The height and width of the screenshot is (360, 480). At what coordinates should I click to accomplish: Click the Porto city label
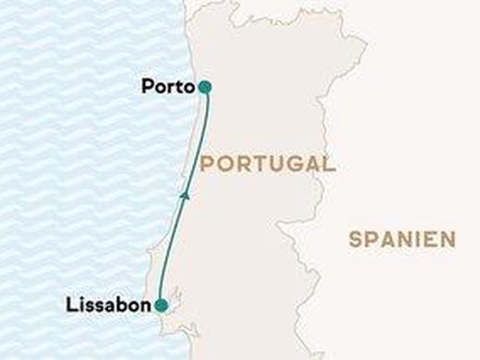(167, 87)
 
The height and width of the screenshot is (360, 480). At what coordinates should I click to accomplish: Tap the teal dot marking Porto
(204, 87)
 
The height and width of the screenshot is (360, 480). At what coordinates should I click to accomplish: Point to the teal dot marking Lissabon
(161, 305)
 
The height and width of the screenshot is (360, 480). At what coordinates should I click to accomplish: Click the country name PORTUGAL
(267, 165)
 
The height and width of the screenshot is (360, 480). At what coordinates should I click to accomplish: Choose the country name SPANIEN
(402, 239)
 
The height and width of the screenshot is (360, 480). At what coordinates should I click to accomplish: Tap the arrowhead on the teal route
(186, 195)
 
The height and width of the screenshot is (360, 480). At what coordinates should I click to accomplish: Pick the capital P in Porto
(148, 87)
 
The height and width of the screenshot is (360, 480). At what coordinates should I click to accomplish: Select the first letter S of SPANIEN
(355, 239)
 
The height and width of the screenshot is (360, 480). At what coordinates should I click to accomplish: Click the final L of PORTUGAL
(329, 165)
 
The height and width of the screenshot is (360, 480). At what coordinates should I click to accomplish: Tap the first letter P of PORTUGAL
(205, 165)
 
